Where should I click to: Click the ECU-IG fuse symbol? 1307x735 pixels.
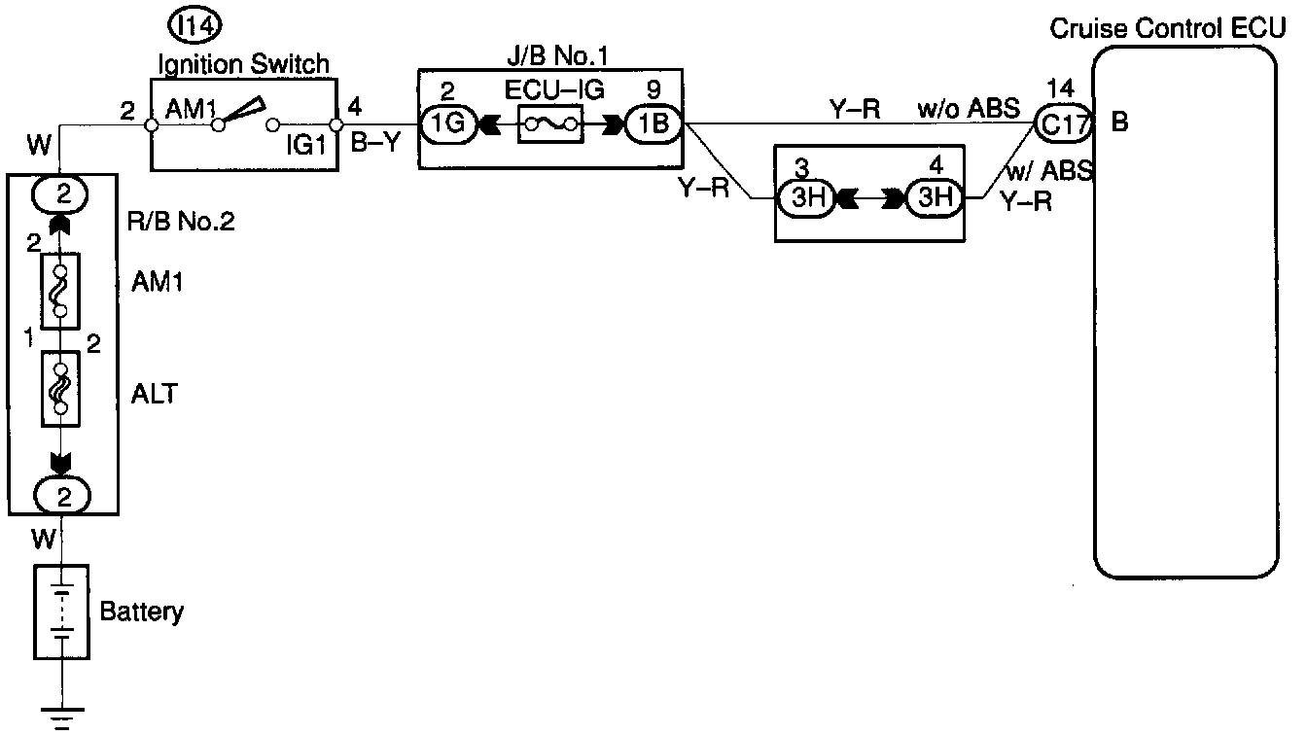coord(551,124)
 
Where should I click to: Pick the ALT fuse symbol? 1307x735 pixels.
coord(60,389)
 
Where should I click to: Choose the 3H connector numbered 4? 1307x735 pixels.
coord(934,200)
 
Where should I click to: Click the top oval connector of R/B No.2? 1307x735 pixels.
coord(62,193)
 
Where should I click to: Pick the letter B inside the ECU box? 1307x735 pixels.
coord(1119,124)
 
